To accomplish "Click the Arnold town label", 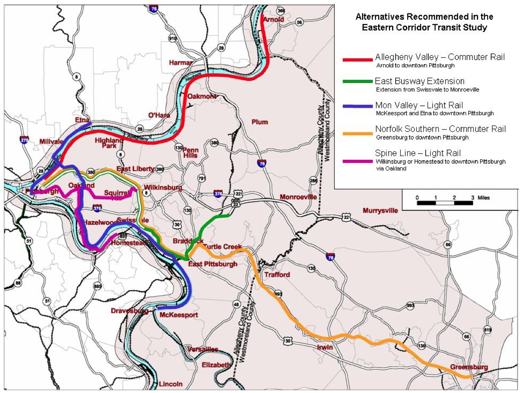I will [x=273, y=20].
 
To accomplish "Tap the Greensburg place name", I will [x=469, y=367].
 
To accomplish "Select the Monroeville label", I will [x=298, y=197].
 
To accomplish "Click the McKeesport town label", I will [x=179, y=315].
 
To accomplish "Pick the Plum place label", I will [x=260, y=122].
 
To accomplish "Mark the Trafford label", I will [x=277, y=275].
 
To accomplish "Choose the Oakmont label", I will [x=202, y=96].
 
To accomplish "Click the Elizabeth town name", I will [x=216, y=365].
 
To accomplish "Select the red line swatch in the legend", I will [x=357, y=59].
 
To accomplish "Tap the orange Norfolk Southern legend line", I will [x=357, y=131].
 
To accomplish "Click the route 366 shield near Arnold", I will [x=281, y=10].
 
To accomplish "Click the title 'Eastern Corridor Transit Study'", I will [x=424, y=27].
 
